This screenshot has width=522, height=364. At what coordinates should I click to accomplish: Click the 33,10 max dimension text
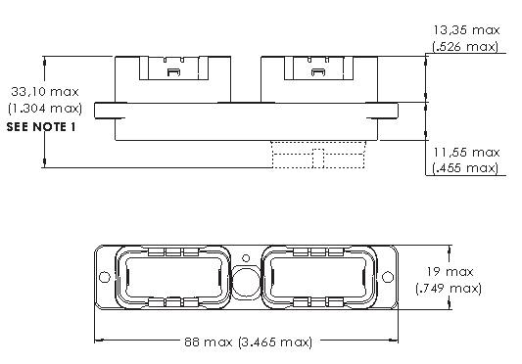pyautogui.click(x=45, y=92)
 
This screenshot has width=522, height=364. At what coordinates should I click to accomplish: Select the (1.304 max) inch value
pyautogui.click(x=45, y=109)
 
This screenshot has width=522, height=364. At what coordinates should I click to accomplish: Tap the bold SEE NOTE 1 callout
pyautogui.click(x=41, y=127)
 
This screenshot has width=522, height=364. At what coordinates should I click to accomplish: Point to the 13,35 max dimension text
pyautogui.click(x=466, y=30)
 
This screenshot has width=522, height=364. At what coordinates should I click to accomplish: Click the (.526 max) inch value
pyautogui.click(x=465, y=47)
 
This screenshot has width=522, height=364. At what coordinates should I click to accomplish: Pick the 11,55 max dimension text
pyautogui.click(x=466, y=153)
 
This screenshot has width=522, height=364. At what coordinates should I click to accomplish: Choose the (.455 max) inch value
pyautogui.click(x=465, y=168)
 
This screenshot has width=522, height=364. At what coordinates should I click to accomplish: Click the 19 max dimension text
pyautogui.click(x=450, y=272)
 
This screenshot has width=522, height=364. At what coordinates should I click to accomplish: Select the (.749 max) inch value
pyautogui.click(x=449, y=288)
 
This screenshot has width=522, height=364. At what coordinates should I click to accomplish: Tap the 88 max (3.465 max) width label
pyautogui.click(x=249, y=342)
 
